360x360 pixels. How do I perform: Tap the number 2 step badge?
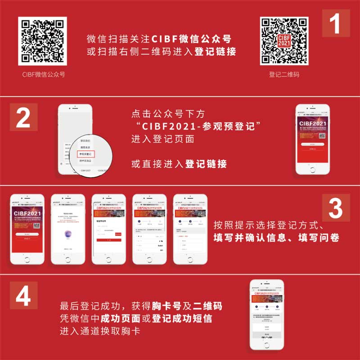click(23, 118)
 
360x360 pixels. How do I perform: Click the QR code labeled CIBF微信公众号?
click(43, 41)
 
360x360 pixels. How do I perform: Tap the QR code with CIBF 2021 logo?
click(284, 41)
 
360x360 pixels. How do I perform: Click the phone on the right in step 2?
click(312, 139)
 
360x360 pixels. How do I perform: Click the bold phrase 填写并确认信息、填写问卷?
click(276, 238)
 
